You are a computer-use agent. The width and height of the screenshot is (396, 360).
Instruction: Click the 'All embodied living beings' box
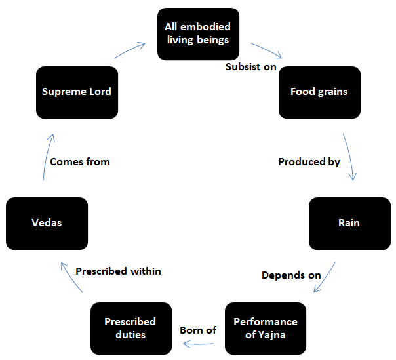[197, 33]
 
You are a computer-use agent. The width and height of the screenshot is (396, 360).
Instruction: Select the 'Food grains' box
[319, 92]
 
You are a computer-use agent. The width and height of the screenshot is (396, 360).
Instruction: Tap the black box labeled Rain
[349, 223]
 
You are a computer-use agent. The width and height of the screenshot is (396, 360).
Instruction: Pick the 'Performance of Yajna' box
[266, 328]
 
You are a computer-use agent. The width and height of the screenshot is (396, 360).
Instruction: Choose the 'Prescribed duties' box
[130, 328]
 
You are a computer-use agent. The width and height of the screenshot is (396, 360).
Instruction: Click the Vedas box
[47, 223]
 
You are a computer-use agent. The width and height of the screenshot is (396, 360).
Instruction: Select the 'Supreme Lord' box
[77, 92]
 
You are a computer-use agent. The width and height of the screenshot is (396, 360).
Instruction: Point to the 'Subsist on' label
[251, 67]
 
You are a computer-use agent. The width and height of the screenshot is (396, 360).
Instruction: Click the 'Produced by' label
[309, 161]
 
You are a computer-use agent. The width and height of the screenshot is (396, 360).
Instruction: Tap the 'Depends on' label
[291, 275]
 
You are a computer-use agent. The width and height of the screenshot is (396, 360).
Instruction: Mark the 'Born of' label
[198, 330]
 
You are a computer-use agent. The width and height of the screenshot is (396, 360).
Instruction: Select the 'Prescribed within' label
[118, 271]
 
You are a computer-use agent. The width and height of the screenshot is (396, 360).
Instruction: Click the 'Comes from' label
[80, 161]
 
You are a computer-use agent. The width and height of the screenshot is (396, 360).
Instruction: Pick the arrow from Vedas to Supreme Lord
[47, 157]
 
